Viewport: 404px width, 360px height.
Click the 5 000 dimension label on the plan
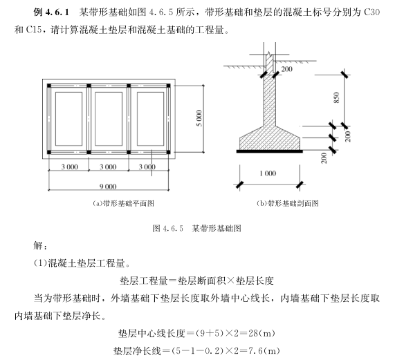click(199, 118)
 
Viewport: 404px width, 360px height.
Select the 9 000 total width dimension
click(108, 187)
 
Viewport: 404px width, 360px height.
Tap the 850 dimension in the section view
click(336, 97)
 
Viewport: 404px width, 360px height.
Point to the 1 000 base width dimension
click(268, 173)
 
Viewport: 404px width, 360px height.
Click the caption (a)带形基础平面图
click(123, 204)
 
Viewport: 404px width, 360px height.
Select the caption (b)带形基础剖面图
click(288, 204)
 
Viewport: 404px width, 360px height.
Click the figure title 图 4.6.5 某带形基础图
click(196, 228)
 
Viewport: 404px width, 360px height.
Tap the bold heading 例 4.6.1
click(51, 12)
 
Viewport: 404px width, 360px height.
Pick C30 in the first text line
click(371, 12)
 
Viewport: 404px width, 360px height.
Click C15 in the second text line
click(33, 30)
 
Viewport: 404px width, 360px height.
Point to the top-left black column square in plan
click(49, 86)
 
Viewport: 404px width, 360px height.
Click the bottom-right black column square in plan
click(169, 152)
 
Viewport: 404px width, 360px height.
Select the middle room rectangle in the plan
click(109, 119)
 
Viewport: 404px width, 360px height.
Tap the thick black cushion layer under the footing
click(270, 151)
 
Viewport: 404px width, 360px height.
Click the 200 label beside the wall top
click(287, 69)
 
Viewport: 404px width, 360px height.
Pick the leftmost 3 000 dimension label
click(70, 167)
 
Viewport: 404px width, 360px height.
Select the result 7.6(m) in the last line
click(264, 350)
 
